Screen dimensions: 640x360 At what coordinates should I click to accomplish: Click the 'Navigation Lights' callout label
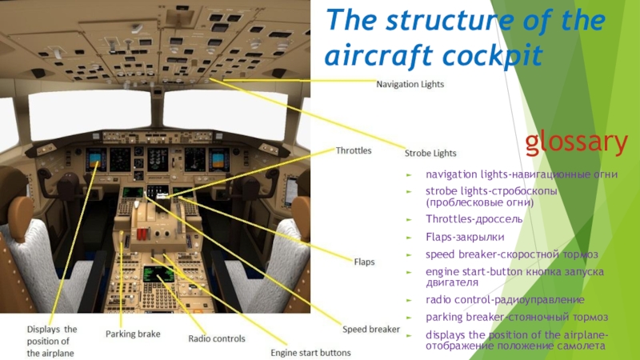pos(410,83)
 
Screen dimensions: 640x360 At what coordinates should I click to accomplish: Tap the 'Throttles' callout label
pos(354,150)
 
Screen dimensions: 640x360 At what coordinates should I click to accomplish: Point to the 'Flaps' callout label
pos(364,262)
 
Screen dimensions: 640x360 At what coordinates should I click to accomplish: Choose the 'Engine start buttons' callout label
pos(310,352)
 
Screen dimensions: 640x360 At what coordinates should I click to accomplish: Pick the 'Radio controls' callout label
pos(216,338)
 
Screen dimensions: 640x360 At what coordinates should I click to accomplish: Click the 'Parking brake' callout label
pos(133,334)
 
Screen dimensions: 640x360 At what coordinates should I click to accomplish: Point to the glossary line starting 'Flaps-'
pos(454,237)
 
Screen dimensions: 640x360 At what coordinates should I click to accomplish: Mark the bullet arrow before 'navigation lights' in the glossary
pos(409,174)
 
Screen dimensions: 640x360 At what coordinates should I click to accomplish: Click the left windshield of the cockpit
pos(90,114)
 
